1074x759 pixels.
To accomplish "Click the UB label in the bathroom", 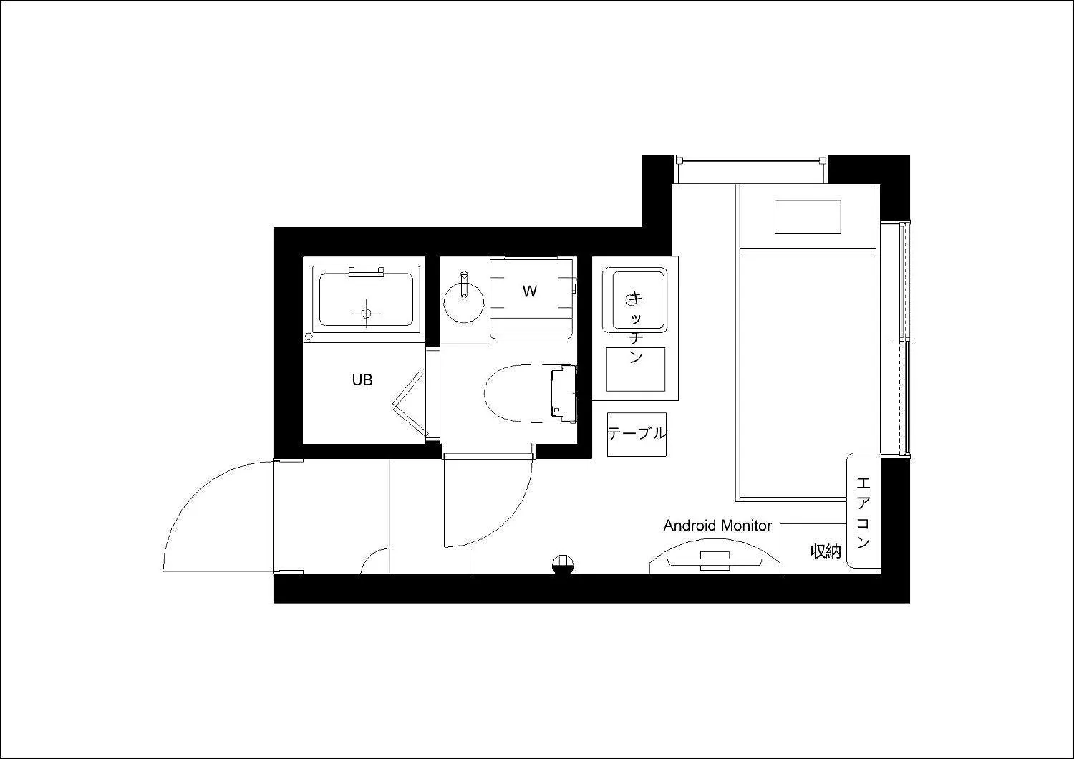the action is click(362, 379).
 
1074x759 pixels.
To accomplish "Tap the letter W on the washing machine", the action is click(529, 291).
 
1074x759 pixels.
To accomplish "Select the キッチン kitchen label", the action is click(635, 327).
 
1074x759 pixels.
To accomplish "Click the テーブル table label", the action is click(637, 433).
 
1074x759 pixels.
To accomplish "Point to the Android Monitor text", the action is click(717, 526).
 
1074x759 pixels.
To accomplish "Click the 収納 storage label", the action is click(826, 551).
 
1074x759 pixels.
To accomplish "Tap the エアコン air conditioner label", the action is click(863, 512).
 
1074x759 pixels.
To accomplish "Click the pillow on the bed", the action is click(808, 217).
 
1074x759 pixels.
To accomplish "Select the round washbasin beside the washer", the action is click(464, 303).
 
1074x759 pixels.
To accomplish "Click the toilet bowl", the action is click(518, 394).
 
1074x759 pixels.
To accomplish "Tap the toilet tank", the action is click(564, 394).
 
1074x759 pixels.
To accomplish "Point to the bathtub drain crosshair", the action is click(367, 314).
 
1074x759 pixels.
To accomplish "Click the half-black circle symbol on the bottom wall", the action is click(563, 564).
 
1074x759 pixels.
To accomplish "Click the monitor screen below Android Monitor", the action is click(715, 561).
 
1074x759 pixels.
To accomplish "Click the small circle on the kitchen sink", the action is click(630, 301).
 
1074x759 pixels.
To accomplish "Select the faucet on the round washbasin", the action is click(464, 285).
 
